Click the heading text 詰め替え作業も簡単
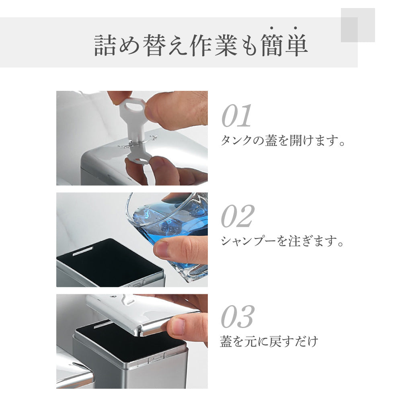201,45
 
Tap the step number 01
237,116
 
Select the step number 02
238,217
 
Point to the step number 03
237,317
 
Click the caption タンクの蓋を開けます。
283,141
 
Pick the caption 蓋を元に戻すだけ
269,342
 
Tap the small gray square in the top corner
358,25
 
